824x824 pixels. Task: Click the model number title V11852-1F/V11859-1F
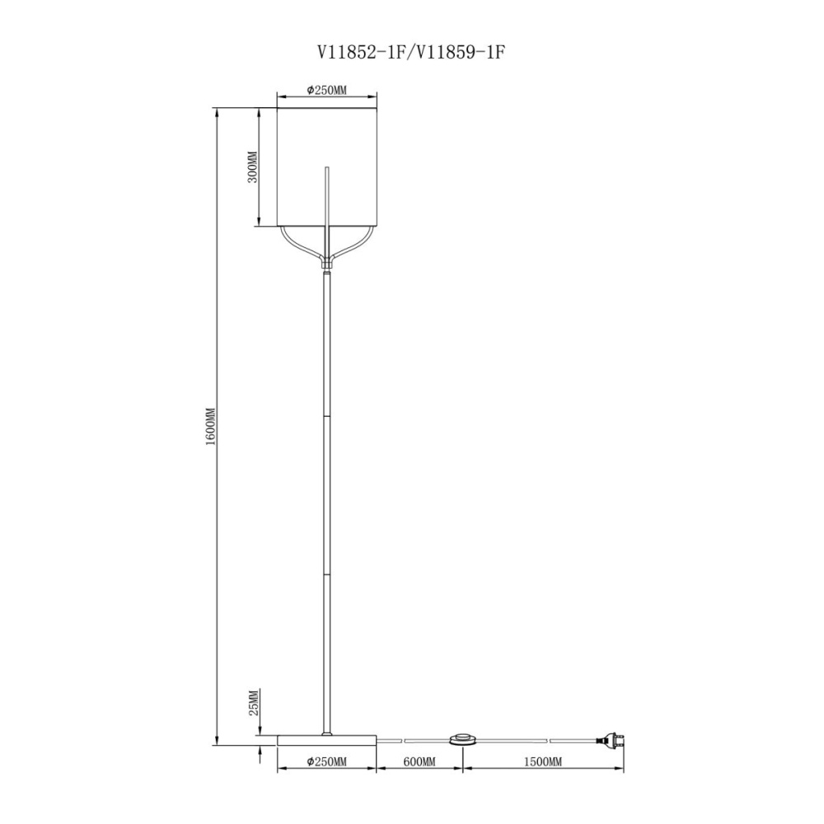click(x=411, y=52)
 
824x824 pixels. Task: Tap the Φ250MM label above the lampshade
click(x=327, y=90)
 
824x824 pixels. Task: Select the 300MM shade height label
click(x=253, y=167)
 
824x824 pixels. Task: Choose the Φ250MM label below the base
click(x=327, y=761)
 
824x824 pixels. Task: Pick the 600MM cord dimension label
click(x=419, y=761)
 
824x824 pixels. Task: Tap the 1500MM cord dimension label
click(x=543, y=761)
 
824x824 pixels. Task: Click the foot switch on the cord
click(x=462, y=740)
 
